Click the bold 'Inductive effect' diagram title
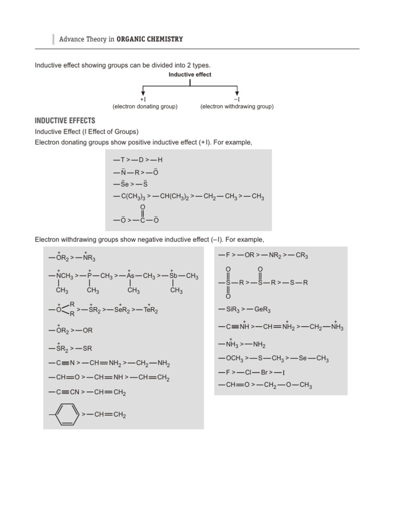pyautogui.click(x=190, y=74)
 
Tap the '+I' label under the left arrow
pyautogui.click(x=143, y=99)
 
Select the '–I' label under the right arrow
pyautogui.click(x=237, y=99)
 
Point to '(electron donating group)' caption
pyautogui.click(x=145, y=106)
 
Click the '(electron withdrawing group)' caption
pyautogui.click(x=237, y=106)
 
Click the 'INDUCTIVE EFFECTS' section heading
pyautogui.click(x=65, y=121)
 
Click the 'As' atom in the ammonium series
pyautogui.click(x=130, y=276)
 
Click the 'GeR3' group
pyautogui.click(x=261, y=310)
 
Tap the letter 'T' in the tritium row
pyautogui.click(x=122, y=159)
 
